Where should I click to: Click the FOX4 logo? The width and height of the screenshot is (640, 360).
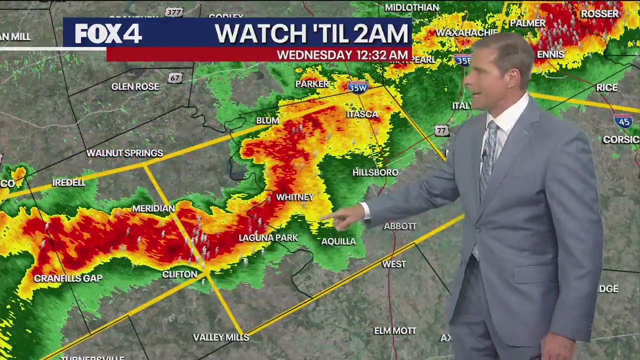(108, 34)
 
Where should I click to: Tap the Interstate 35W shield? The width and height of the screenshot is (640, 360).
(358, 86)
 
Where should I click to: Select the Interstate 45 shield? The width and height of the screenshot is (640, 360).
(623, 121)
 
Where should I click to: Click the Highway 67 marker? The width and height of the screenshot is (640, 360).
(174, 78)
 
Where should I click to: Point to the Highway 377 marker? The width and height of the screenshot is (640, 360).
(173, 12)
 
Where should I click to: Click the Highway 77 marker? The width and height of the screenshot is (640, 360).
(440, 130)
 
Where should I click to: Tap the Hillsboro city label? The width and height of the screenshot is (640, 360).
(375, 172)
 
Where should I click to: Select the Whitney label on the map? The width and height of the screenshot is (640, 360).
(294, 197)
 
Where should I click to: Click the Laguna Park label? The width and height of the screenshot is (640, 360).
(268, 238)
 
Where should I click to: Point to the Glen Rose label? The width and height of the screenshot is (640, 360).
(135, 86)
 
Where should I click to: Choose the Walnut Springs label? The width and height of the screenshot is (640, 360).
(124, 153)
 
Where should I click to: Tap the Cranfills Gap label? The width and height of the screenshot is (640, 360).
(68, 278)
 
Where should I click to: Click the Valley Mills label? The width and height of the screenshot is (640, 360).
(221, 337)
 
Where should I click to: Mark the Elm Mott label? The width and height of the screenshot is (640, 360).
(395, 331)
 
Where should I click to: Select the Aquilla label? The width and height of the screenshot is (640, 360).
(338, 241)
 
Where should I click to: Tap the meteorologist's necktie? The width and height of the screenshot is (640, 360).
(488, 155)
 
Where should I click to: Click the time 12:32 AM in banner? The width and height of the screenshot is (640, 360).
(376, 55)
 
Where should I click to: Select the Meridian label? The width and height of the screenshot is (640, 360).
(153, 208)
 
